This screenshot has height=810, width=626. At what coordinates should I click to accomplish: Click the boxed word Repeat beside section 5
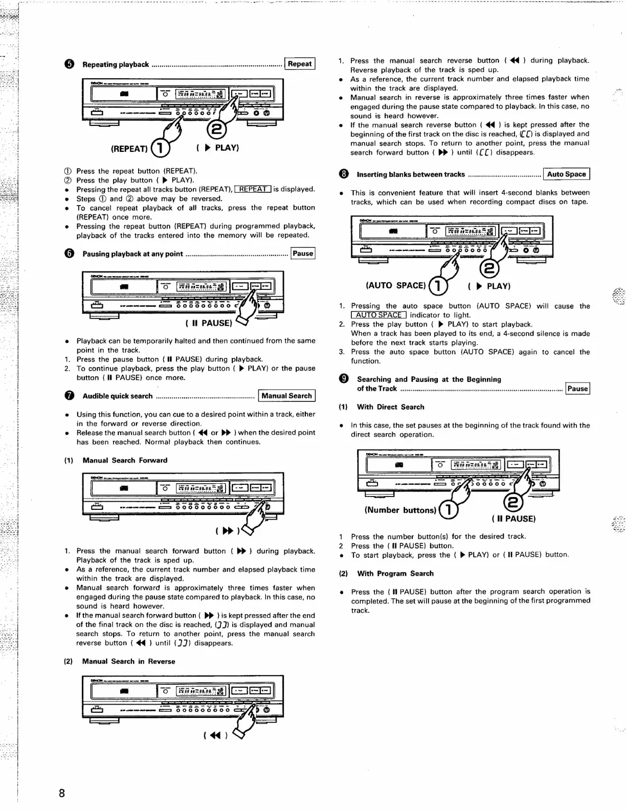coord(300,64)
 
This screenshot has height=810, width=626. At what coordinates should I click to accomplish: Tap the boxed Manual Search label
coord(286,396)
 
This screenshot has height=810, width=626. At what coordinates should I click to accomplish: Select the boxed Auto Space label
coord(566,174)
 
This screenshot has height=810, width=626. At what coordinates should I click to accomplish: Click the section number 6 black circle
coord(70,254)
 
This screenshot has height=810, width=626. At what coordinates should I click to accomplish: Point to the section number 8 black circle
coord(344,174)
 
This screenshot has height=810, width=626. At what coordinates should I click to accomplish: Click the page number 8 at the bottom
coord(62,793)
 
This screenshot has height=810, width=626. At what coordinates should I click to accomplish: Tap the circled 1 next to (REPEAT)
coord(160,148)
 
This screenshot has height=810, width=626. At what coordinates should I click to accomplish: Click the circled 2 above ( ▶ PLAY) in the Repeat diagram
coord(215,129)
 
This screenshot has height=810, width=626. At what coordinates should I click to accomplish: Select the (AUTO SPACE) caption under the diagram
coord(395,285)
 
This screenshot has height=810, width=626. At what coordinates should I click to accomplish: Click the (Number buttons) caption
coord(400,510)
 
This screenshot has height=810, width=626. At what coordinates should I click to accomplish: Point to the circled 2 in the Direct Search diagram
coord(513,503)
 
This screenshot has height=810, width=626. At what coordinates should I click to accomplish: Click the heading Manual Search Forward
coord(125,460)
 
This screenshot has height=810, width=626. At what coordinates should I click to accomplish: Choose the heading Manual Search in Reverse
coord(128,661)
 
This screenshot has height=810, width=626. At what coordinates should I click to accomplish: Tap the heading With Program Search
coord(395,573)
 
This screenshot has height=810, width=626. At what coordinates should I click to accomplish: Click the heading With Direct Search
coord(390,407)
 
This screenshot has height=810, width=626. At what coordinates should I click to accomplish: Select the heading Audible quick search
coord(117,396)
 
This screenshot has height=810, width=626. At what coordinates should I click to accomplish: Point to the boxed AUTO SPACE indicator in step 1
coord(379,315)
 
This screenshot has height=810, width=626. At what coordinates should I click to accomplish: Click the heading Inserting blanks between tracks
coord(411,174)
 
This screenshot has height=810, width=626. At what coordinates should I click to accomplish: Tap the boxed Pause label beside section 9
coord(577,389)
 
